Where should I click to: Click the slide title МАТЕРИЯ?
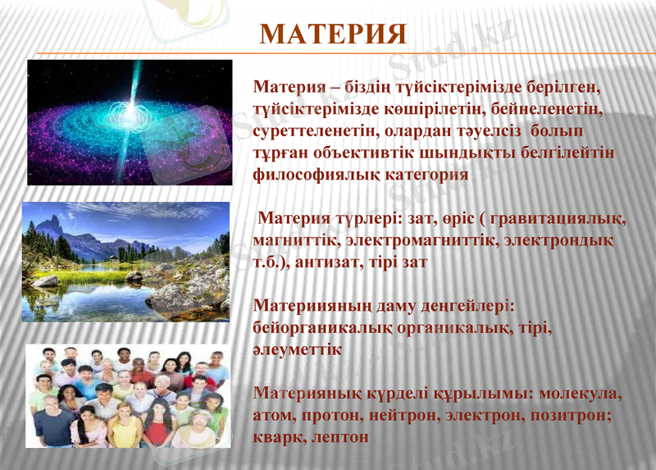[333, 34]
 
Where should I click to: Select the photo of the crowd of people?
[127, 395]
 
